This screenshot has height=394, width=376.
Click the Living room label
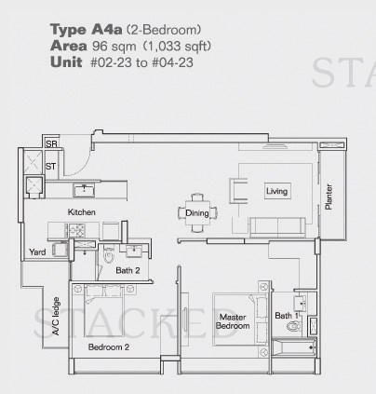[x=276, y=191]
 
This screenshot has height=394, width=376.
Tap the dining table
[x=197, y=212]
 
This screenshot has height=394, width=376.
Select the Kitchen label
[x=81, y=212]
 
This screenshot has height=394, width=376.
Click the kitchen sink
[x=84, y=190]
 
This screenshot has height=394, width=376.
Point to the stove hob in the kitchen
[x=76, y=230]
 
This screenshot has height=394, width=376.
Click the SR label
[x=51, y=143]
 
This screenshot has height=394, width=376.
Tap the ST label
[x=50, y=167]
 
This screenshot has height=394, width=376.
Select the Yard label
[x=37, y=251]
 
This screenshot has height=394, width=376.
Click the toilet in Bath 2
[x=109, y=255]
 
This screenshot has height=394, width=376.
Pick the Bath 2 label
[x=128, y=270]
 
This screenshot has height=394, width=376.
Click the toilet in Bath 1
[x=294, y=326]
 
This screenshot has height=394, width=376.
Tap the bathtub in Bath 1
[x=294, y=347]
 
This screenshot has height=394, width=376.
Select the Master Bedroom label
[x=233, y=321]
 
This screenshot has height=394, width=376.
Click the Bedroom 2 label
[x=109, y=346]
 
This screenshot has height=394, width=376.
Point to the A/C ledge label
[x=56, y=317]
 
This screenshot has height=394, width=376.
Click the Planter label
[x=329, y=197]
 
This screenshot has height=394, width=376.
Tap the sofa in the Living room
[x=277, y=226]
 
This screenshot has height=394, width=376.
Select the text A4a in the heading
[x=107, y=30]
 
